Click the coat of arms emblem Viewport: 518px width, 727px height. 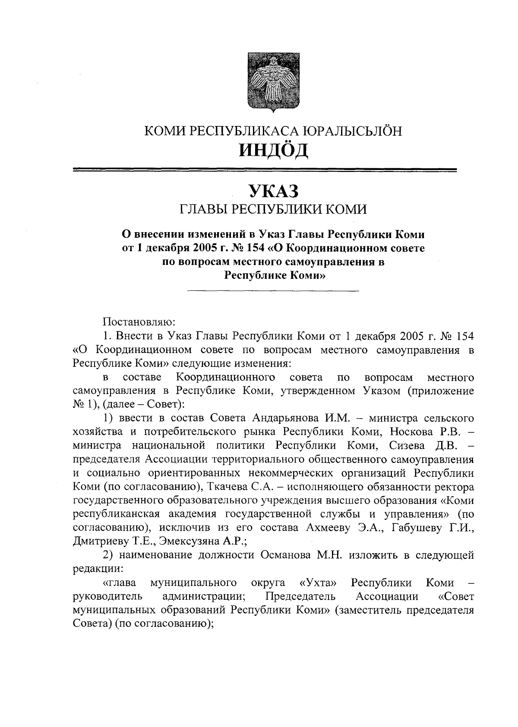coord(274,82)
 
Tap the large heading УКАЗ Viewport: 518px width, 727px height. coord(273,190)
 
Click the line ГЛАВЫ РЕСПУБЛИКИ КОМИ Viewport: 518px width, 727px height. coord(273,210)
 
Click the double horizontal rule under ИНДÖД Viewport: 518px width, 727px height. coord(265,170)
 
